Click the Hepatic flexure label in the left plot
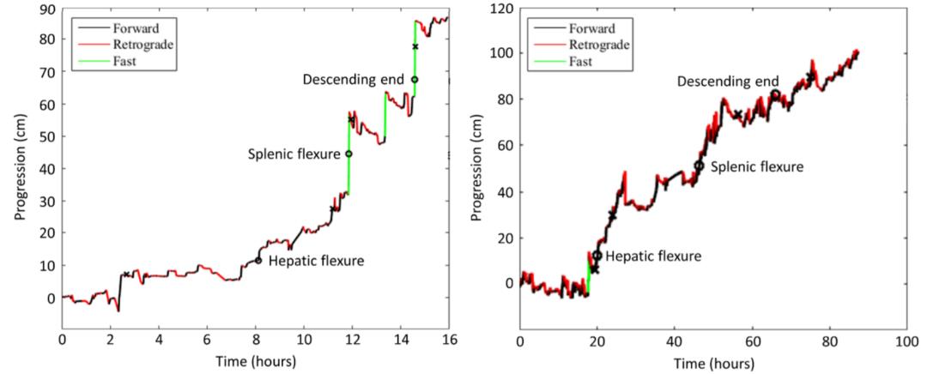(316, 261)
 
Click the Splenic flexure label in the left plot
(294, 154)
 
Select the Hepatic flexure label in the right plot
(653, 256)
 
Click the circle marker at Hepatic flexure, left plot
(257, 260)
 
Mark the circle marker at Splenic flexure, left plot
(348, 154)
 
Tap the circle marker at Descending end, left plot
(415, 80)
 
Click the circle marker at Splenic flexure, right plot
(699, 166)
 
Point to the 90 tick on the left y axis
(48, 8)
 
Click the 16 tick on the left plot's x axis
(447, 339)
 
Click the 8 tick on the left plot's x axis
(255, 339)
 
